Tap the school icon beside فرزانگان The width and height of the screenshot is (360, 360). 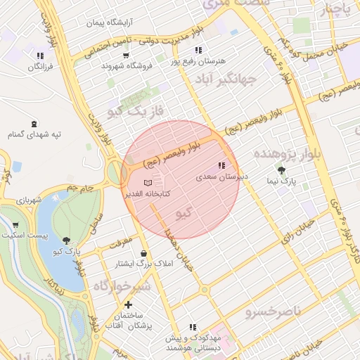40,55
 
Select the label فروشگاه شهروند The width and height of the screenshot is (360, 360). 127,65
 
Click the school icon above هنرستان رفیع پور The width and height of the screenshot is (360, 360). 199,50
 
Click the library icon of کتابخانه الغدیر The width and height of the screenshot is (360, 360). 147,182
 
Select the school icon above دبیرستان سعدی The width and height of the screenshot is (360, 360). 221,166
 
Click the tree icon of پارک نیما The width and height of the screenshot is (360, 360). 282,170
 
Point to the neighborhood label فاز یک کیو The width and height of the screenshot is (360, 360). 136,111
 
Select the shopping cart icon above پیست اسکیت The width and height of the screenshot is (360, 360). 15,225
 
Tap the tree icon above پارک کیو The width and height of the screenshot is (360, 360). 66,240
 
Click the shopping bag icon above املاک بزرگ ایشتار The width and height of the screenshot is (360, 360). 144,253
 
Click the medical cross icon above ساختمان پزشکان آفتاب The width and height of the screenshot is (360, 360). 128,305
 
